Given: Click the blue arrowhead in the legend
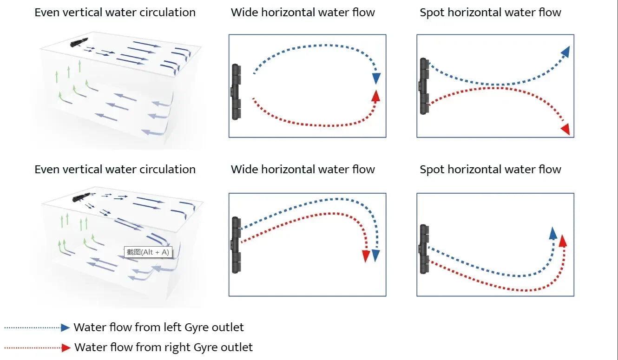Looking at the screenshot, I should coord(66,327).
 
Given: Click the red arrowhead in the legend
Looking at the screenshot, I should coord(66,347).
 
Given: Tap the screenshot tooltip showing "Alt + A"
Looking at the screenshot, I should coord(148,252).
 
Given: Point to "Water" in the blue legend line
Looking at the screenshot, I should coord(91,327).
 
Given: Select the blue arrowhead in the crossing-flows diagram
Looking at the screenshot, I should coord(565,52).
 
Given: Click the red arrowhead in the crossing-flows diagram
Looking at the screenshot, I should coord(565,129).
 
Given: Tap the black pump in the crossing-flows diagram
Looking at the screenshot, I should coord(423,86).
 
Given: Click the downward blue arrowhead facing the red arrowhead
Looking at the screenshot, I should coord(376,78).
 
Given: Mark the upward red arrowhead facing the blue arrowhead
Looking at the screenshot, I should coord(376,95).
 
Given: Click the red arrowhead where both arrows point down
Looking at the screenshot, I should coord(366,255).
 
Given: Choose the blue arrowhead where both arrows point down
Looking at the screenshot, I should coord(376,255).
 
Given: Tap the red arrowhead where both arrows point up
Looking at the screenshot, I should coord(563,241).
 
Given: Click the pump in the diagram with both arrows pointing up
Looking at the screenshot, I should coord(423,249).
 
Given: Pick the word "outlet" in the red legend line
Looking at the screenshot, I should coord(237,347).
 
